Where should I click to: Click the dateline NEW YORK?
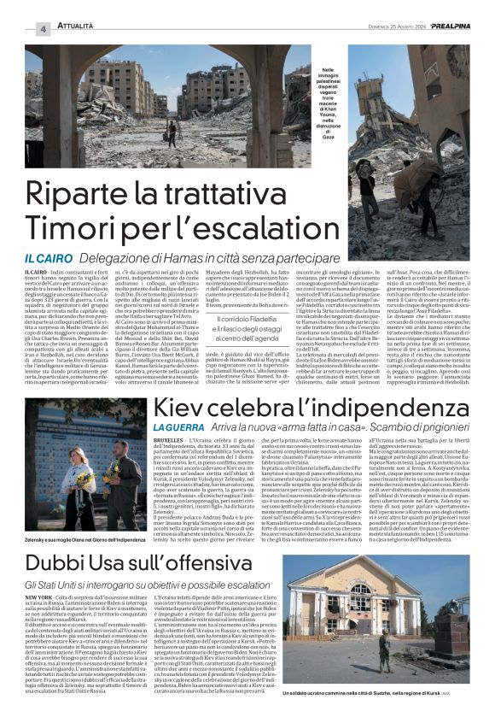coord(44,597)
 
